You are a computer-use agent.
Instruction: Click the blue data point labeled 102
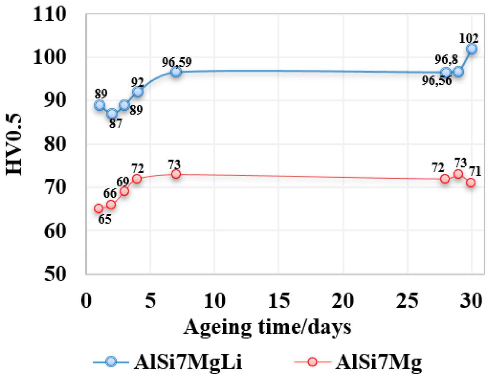pyautogui.click(x=471, y=49)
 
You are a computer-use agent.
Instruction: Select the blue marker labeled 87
pyautogui.click(x=112, y=113)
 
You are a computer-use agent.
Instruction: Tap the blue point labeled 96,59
pyautogui.click(x=176, y=71)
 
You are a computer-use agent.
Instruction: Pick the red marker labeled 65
pyautogui.click(x=99, y=208)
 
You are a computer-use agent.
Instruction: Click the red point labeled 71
pyautogui.click(x=471, y=182)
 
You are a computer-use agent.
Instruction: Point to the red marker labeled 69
pyautogui.click(x=124, y=192)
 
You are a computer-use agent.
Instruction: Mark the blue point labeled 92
pyautogui.click(x=138, y=92)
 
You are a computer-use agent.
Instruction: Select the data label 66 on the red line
pyautogui.click(x=110, y=194)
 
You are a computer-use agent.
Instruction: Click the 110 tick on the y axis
pyautogui.click(x=55, y=14)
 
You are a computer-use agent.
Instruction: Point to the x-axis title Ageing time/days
pyautogui.click(x=267, y=327)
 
